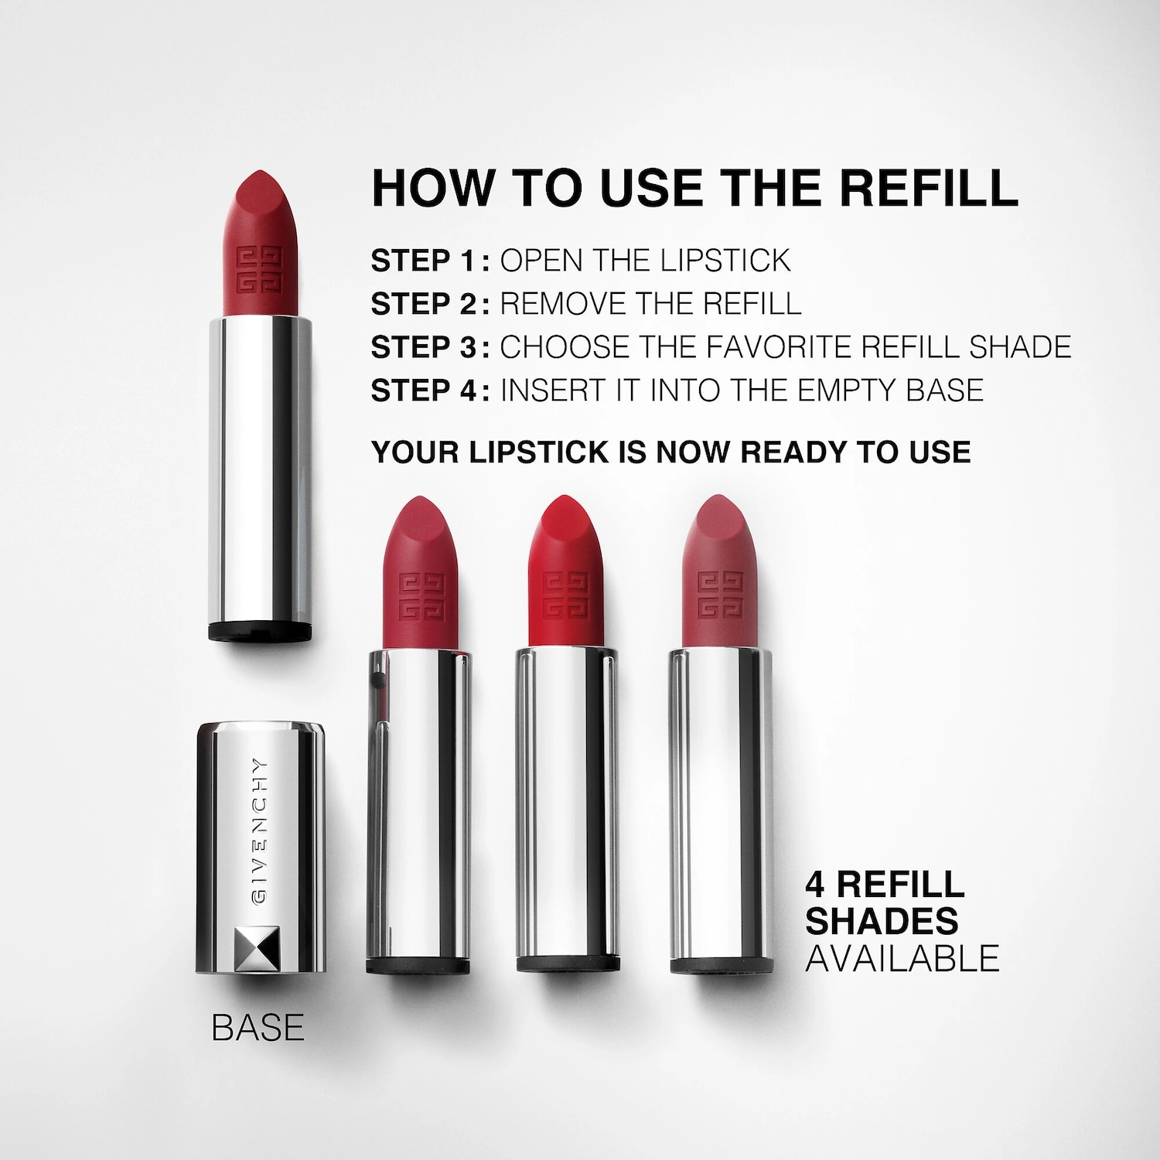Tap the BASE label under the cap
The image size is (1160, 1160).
(x=258, y=1028)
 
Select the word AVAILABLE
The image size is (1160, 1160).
(x=902, y=958)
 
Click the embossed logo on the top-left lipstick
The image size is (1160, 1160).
(x=260, y=270)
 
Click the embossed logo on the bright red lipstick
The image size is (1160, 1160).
(x=566, y=596)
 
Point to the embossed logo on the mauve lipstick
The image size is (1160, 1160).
(x=720, y=595)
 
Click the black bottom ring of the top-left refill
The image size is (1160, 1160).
(x=260, y=630)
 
